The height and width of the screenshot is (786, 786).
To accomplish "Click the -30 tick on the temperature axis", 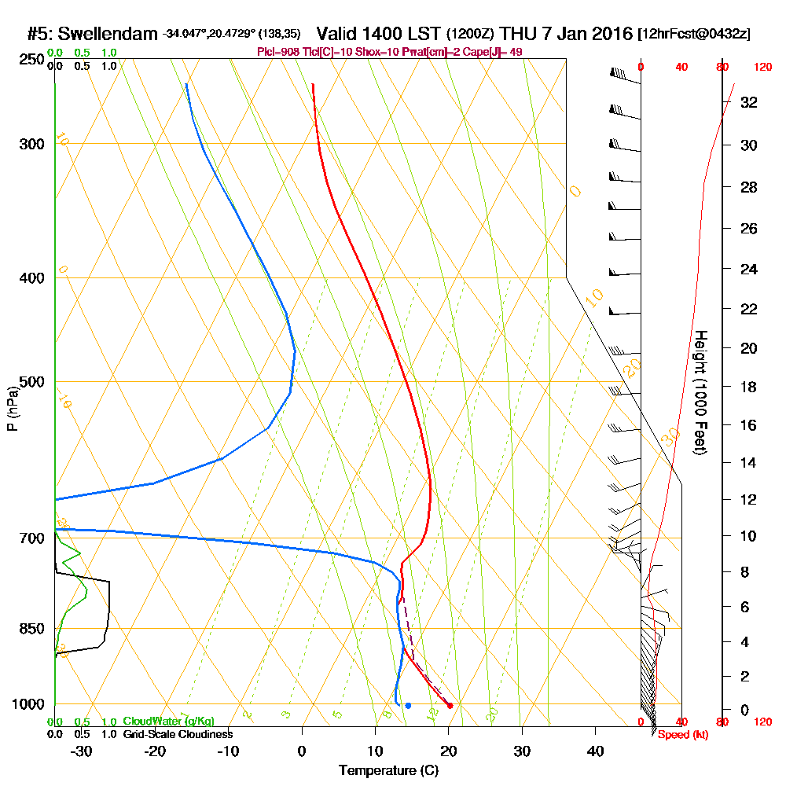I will [82, 751].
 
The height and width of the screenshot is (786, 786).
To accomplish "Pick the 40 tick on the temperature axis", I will [596, 751].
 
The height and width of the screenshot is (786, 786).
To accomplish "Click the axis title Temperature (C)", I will [388, 770].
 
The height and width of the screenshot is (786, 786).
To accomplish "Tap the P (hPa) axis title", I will [12, 408].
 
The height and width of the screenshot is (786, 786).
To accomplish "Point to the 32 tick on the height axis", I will [749, 102].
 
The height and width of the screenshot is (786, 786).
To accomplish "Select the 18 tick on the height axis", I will [749, 387].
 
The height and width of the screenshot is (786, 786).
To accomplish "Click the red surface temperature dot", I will [450, 705].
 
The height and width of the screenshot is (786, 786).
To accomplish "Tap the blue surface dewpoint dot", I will [408, 705].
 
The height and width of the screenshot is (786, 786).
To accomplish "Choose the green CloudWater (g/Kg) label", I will [168, 722].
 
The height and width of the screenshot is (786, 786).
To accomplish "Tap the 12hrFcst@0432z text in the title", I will [695, 35].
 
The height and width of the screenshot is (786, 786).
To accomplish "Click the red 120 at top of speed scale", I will [762, 68].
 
